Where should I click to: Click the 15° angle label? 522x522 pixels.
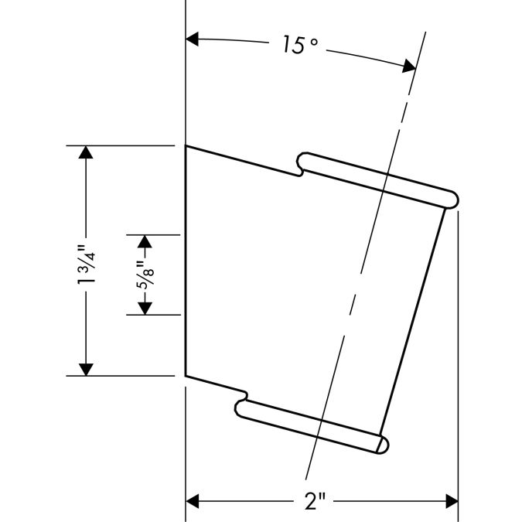pos(300,45)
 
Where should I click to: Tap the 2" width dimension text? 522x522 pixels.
pos(314,501)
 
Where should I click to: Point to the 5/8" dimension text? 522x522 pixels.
pos(145,275)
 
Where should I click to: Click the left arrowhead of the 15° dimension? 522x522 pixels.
pos(192,39)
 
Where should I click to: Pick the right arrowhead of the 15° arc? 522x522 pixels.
pos(409,66)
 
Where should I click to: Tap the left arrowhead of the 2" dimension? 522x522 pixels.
pos(192,501)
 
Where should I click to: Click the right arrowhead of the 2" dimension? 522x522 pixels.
pos(452,501)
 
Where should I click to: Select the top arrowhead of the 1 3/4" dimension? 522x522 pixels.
pos(86,152)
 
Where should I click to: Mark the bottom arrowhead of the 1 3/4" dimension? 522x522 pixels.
pos(86,370)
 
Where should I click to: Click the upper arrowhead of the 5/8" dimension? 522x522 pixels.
pos(145,241)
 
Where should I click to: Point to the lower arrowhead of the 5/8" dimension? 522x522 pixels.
pos(145,309)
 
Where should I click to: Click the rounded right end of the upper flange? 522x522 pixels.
pos(452,200)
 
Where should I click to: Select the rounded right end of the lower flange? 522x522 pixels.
pos(383,445)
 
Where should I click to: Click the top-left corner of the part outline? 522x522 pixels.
pos(186,146)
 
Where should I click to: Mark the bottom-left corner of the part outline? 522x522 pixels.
pos(186,376)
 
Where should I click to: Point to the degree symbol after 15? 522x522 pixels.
pos(314,43)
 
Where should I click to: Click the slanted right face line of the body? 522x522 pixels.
pos(412,322)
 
